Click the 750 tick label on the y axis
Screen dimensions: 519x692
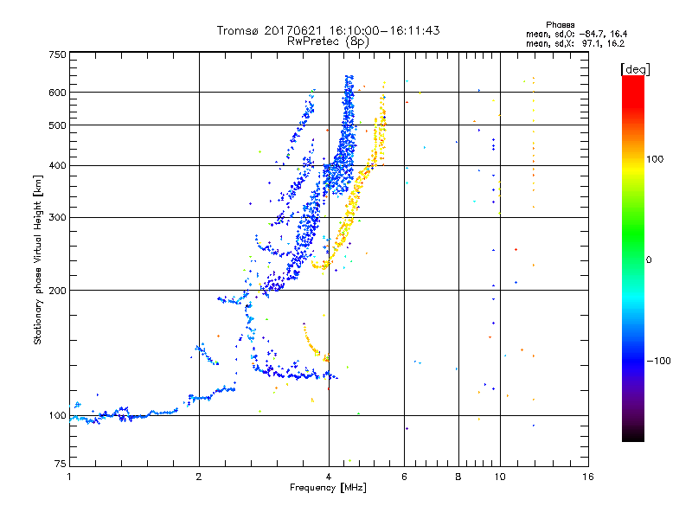tap(58, 54)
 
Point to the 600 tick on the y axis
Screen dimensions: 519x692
tap(58, 92)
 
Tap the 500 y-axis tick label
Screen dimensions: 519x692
tap(58, 125)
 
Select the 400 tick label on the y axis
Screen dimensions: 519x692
tap(58, 165)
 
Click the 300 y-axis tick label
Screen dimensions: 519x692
tap(58, 217)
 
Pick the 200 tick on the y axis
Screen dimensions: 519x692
tap(58, 290)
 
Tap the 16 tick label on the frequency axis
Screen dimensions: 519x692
tap(587, 477)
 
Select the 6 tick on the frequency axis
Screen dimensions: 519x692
tap(404, 477)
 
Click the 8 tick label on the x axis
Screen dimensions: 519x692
tap(458, 477)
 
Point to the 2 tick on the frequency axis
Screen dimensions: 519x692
tap(199, 477)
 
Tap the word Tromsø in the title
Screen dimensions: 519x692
tap(238, 30)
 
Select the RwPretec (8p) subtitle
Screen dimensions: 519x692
tap(328, 41)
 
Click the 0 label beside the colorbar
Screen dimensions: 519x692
tap(650, 259)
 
